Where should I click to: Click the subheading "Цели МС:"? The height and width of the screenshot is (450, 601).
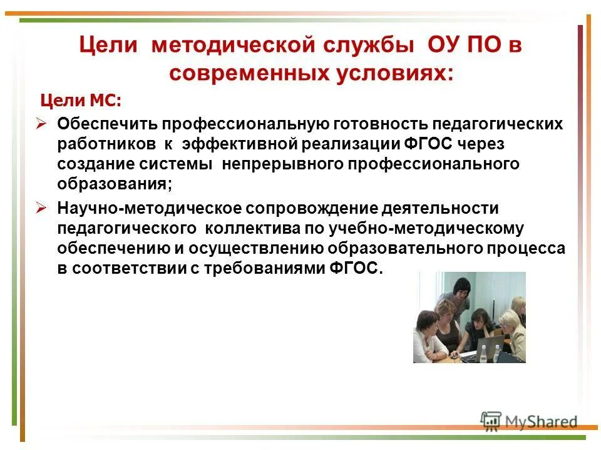point(81,101)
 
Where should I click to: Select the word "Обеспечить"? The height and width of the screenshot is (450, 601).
point(104,123)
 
